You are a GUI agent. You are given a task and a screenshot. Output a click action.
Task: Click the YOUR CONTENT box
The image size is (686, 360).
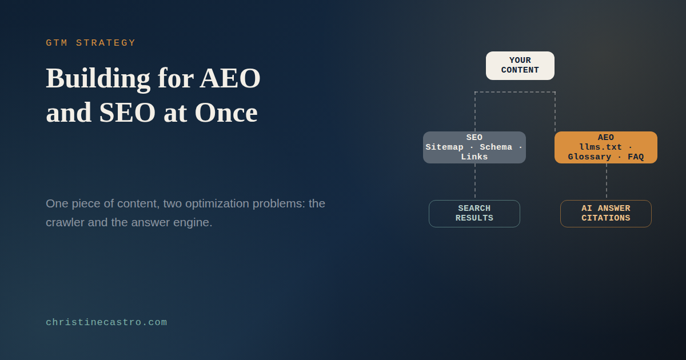520,66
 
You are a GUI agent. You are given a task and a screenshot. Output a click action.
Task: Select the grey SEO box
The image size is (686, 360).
474,147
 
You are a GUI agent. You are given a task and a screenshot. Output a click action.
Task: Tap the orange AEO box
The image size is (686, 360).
606,147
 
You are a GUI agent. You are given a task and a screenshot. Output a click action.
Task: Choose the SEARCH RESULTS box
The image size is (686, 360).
474,213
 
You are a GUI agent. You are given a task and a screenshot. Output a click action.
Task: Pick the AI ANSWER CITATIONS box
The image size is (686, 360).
606,213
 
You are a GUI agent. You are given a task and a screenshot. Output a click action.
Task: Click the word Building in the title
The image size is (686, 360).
98,79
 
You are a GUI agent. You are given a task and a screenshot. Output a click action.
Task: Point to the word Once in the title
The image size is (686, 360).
226,113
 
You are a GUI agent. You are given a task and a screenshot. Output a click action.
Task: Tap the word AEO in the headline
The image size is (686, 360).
230,78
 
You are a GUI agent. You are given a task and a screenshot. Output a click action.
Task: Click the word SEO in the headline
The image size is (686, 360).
127,113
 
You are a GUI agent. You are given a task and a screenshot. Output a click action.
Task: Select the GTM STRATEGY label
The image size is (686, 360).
91,42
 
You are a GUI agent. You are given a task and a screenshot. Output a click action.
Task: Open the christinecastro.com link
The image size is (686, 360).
106,322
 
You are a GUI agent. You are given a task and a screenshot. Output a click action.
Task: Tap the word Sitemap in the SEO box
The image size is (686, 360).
444,147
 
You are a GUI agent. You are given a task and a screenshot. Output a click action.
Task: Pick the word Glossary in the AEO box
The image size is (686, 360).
589,157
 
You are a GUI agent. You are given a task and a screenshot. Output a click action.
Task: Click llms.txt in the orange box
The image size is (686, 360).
601,147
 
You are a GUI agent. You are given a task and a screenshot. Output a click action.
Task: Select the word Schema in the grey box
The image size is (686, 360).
496,147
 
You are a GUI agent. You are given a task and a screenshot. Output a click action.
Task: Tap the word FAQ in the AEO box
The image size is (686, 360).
636,157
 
